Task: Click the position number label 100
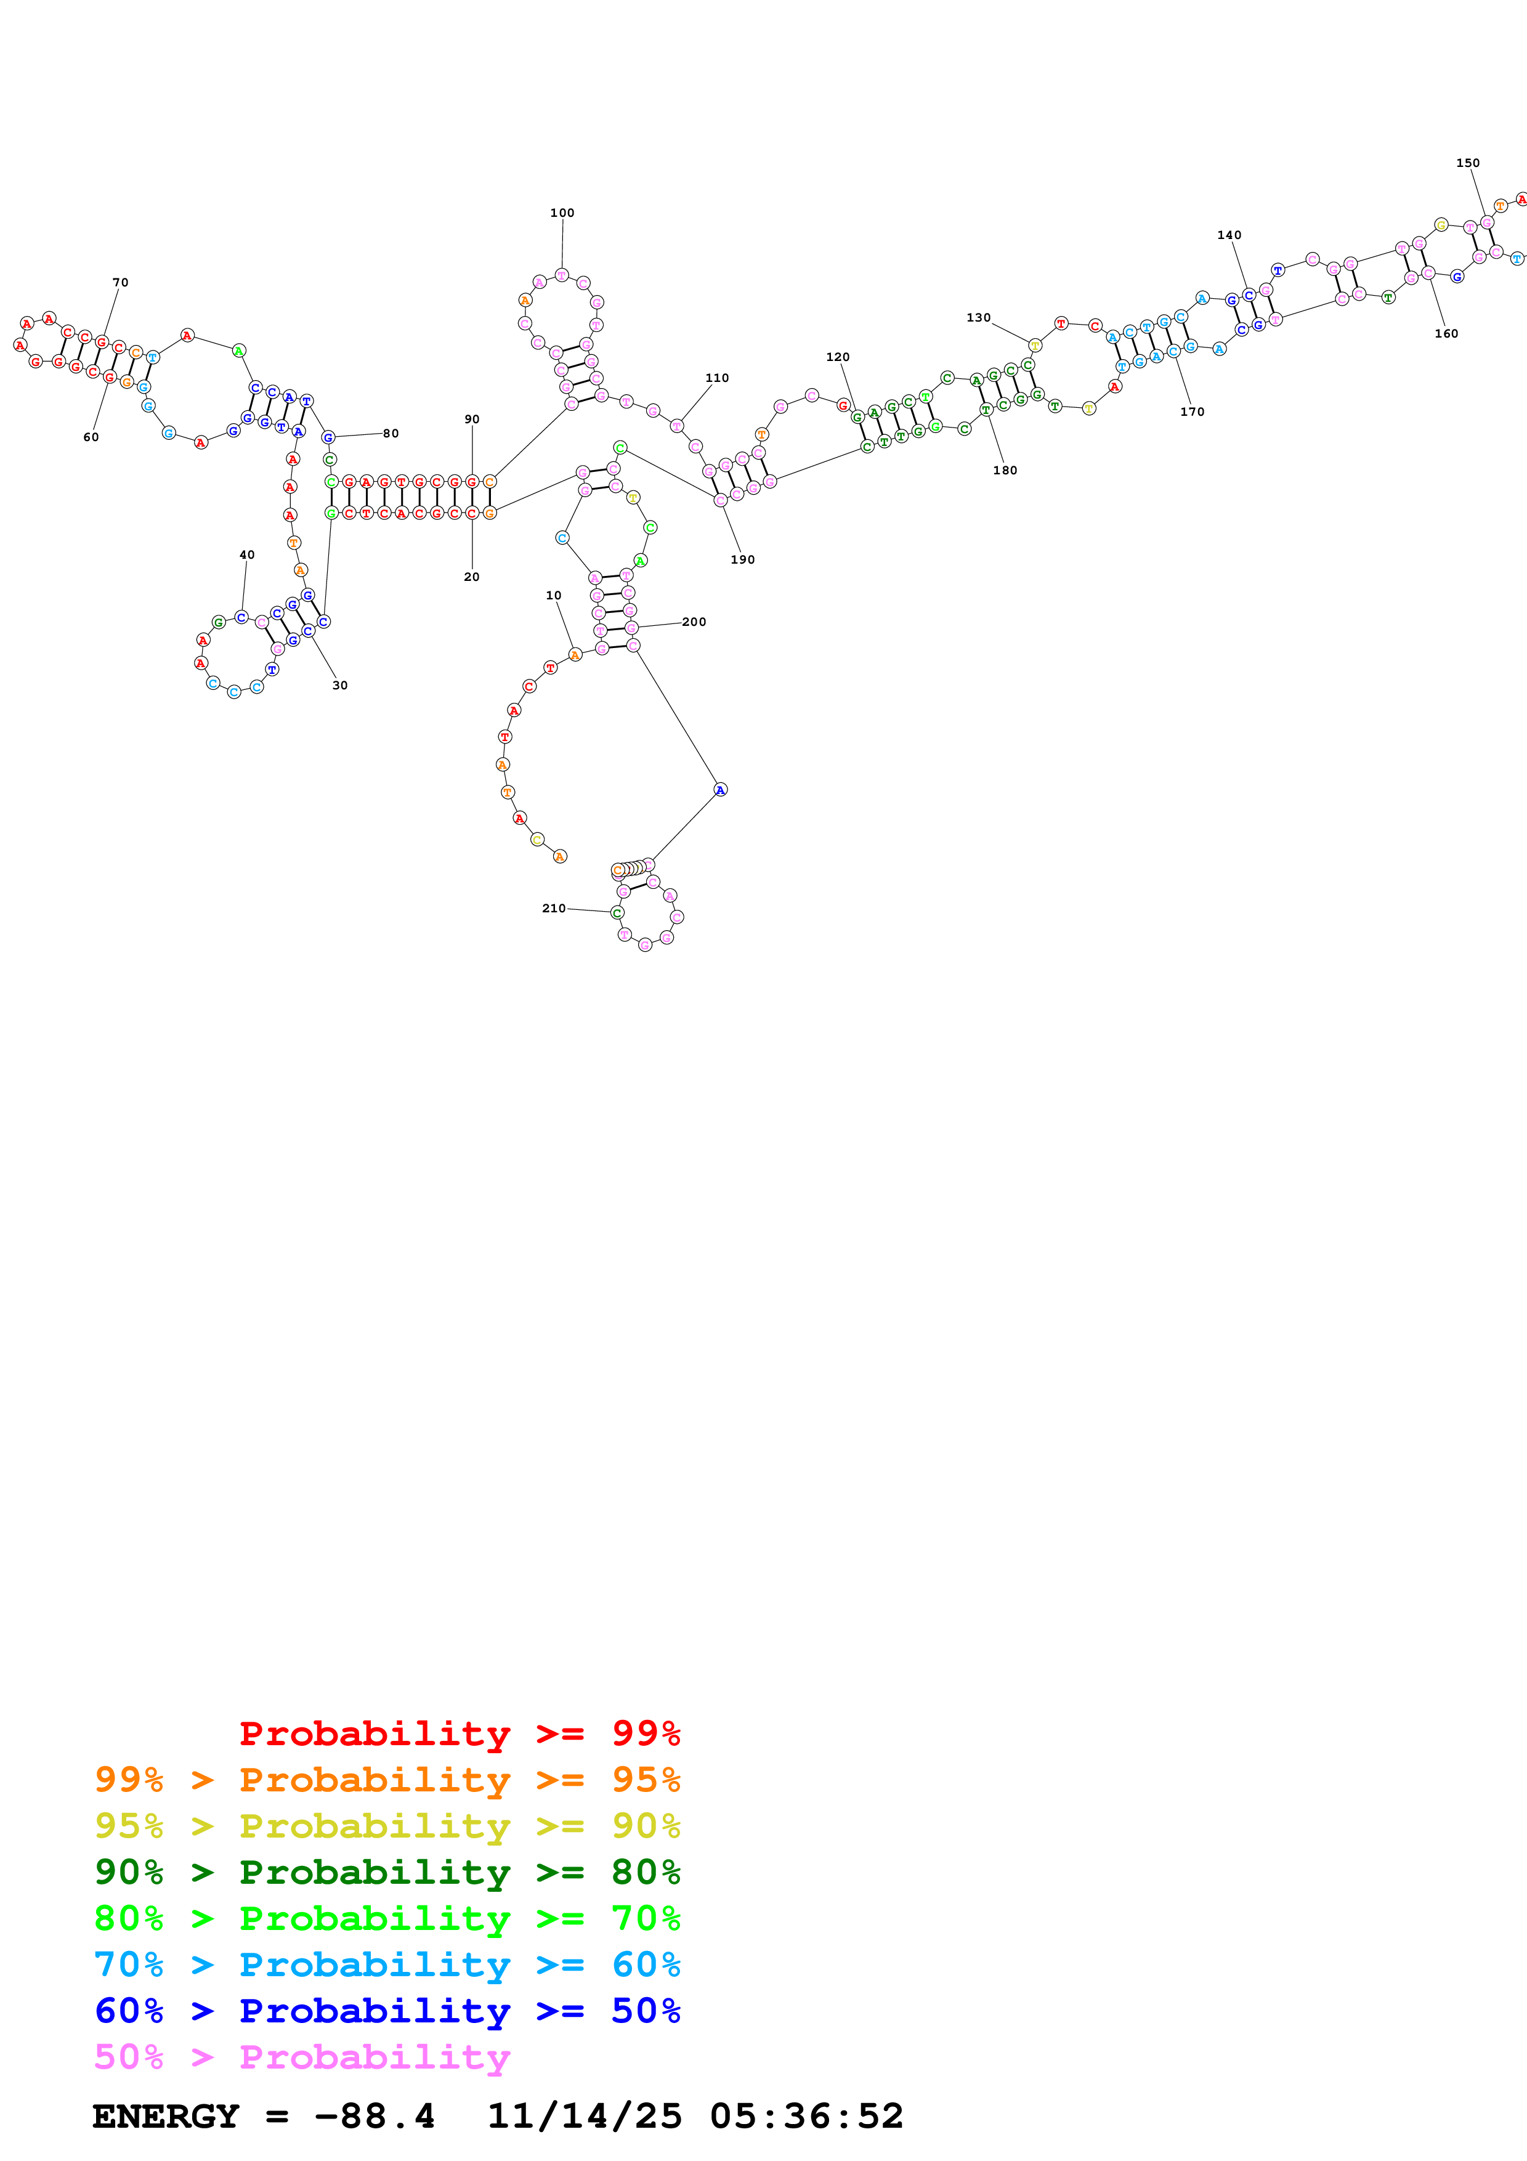[x=562, y=213]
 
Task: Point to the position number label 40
[x=246, y=554]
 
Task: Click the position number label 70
[x=121, y=282]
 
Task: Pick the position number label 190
[x=742, y=559]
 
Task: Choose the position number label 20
[x=471, y=577]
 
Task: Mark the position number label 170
[x=1191, y=412]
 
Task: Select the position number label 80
[x=391, y=433]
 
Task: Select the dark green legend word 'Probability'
[x=375, y=1872]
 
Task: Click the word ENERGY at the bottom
[x=166, y=2116]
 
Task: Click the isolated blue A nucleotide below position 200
[x=719, y=790]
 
